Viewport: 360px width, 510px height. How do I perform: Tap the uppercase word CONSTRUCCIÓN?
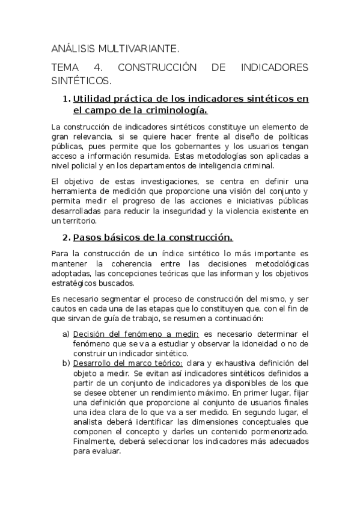pyautogui.click(x=153, y=67)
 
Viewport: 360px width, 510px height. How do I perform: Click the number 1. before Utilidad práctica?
pyautogui.click(x=67, y=99)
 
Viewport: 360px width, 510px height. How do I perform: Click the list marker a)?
pyautogui.click(x=66, y=334)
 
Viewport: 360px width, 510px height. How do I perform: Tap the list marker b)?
pyautogui.click(x=66, y=363)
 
